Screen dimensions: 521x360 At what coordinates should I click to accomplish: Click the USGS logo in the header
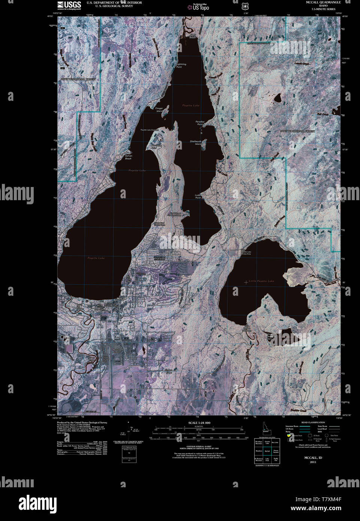point(69,5)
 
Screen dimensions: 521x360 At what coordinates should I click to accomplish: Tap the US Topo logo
point(198,7)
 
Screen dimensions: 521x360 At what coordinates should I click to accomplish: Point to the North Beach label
point(192,36)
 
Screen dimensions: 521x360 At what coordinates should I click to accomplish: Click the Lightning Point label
point(181,66)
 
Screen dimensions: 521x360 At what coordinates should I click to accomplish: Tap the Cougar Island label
point(159,109)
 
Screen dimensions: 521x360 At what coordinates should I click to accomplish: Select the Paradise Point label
point(200,122)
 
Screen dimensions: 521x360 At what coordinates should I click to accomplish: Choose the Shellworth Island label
point(196,142)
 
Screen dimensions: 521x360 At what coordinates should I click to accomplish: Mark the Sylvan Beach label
point(128,157)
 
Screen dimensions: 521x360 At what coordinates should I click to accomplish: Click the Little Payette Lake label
point(261,281)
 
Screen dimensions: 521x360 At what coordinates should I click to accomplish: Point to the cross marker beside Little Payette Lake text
point(246,282)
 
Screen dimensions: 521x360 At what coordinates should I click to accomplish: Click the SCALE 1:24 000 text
point(199,423)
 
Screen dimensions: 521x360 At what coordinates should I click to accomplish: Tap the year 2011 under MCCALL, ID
point(313,462)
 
